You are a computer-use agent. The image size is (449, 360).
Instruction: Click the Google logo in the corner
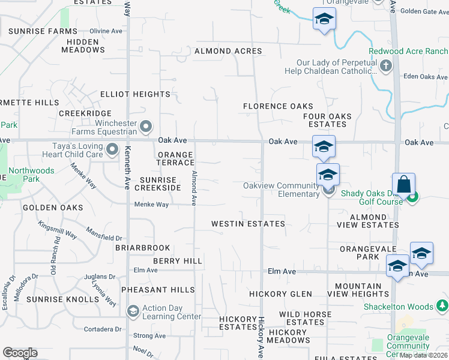[x=20, y=353]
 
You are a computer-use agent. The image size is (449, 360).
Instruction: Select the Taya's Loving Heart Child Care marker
[x=112, y=149]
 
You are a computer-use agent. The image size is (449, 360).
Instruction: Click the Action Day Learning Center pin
[x=133, y=311]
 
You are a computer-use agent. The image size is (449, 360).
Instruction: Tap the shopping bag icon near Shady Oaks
[x=404, y=184]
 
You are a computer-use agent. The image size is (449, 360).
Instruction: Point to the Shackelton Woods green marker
[x=442, y=307]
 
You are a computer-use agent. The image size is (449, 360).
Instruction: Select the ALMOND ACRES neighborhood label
[x=228, y=51]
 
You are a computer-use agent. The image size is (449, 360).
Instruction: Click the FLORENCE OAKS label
[x=278, y=106]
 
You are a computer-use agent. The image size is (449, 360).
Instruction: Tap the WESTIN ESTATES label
[x=248, y=224]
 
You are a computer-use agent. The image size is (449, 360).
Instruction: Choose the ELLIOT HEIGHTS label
[x=135, y=94]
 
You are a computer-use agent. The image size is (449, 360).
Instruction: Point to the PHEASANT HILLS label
[x=158, y=290]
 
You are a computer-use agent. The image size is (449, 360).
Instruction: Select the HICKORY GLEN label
[x=281, y=294]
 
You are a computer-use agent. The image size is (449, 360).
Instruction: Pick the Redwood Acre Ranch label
[x=409, y=51]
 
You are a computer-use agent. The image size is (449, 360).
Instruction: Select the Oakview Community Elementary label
[x=282, y=190]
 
